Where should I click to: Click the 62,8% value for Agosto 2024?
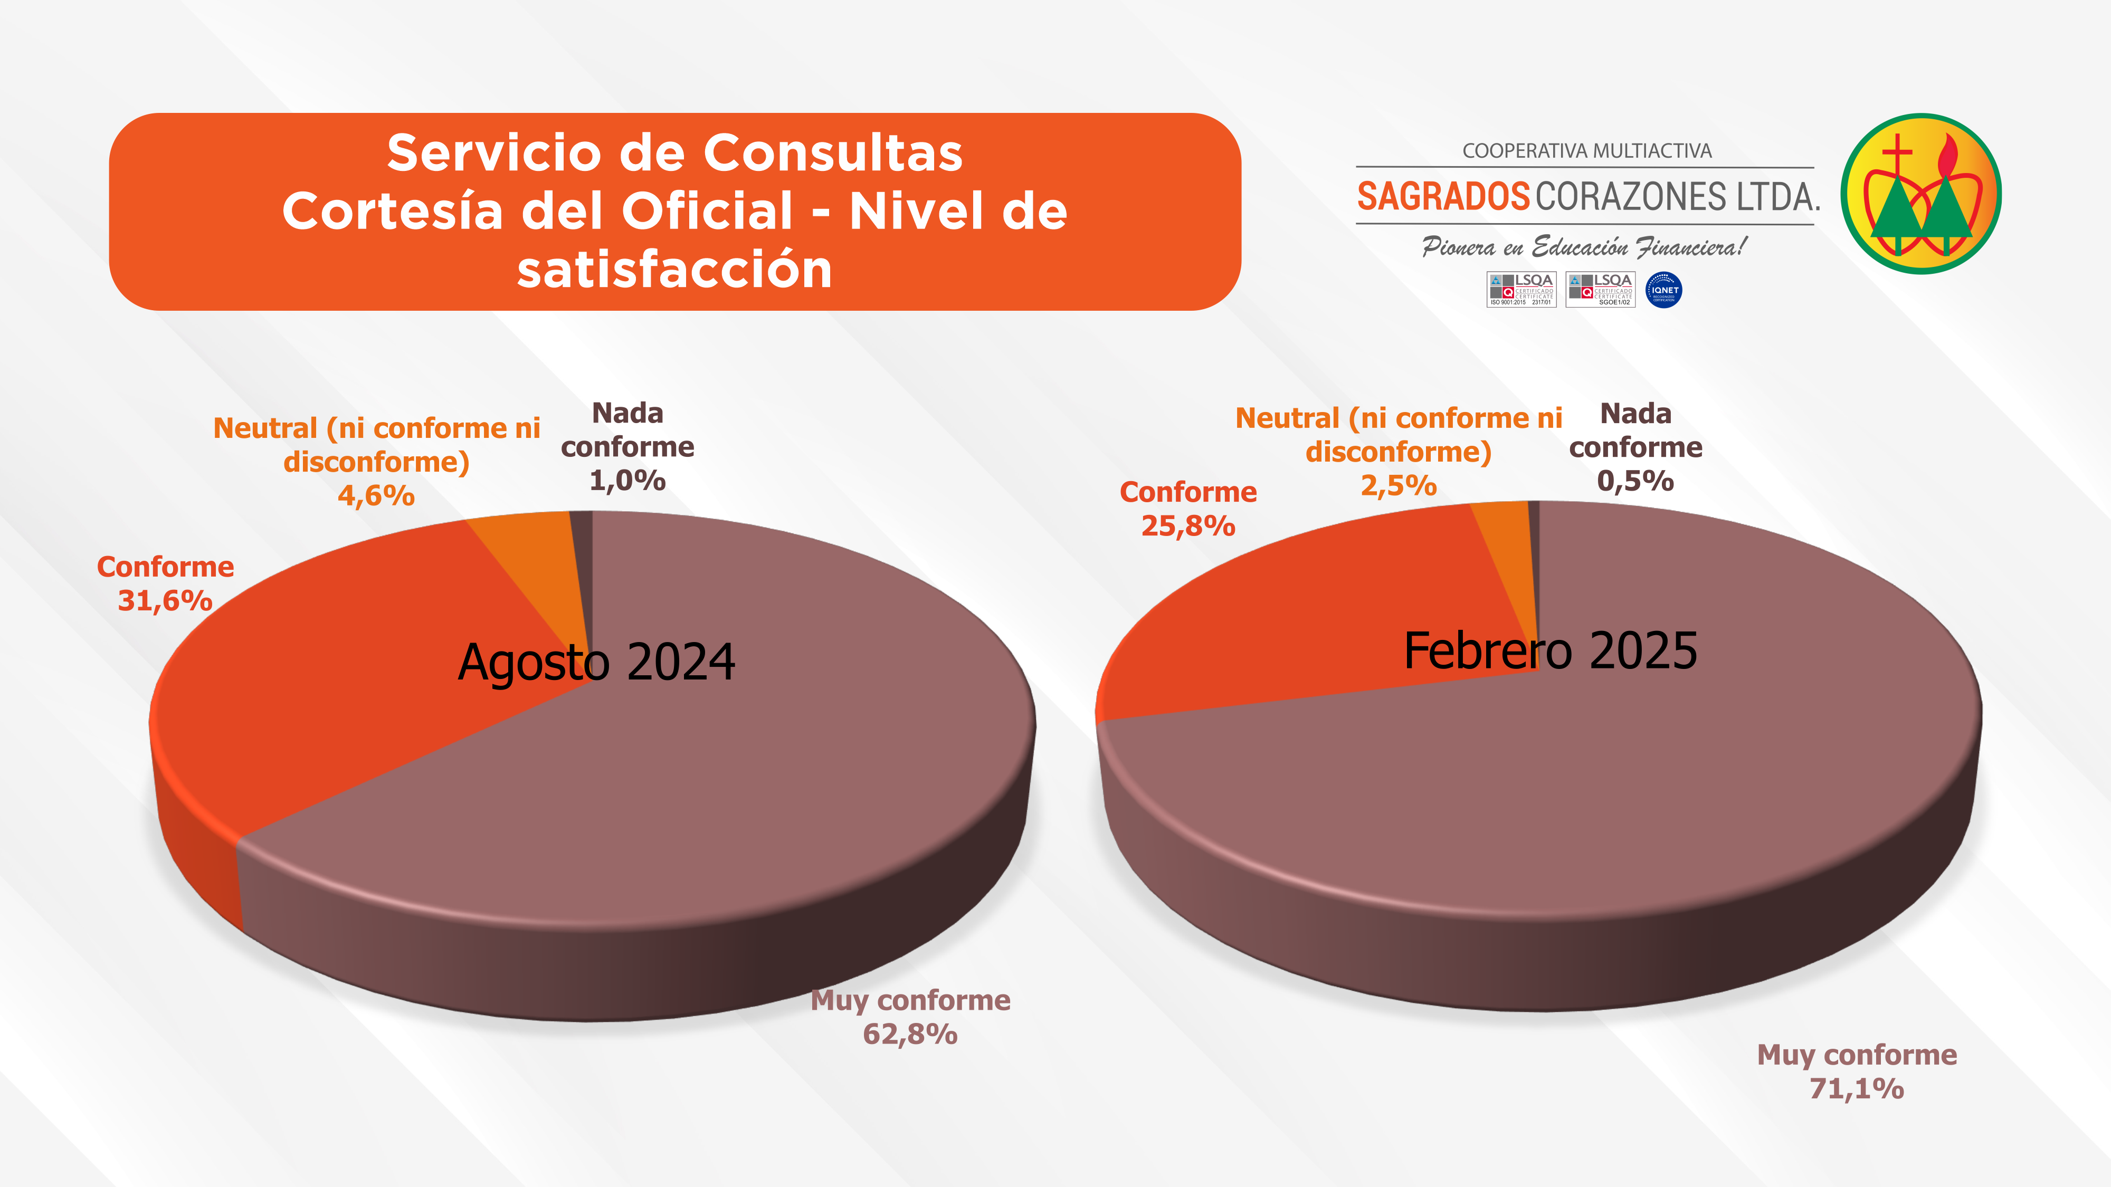[x=910, y=1035]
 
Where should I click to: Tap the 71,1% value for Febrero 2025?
[x=1856, y=1089]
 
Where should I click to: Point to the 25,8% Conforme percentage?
[x=1188, y=526]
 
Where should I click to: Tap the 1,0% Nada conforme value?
[x=627, y=481]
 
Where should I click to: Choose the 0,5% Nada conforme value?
[x=1635, y=481]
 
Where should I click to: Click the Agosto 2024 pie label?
[x=596, y=662]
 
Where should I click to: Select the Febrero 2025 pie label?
[x=1551, y=651]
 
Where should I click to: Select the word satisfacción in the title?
[x=674, y=270]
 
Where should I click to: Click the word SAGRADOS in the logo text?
[x=1443, y=197]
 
